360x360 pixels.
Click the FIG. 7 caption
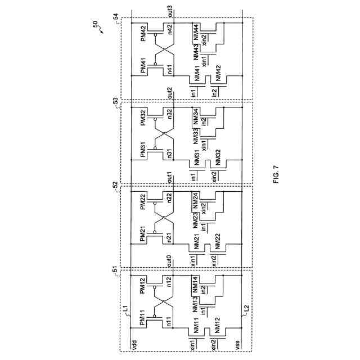pyautogui.click(x=276, y=174)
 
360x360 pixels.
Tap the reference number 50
pyautogui.click(x=94, y=25)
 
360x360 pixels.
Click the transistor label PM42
pyautogui.click(x=143, y=33)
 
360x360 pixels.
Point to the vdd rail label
pyautogui.click(x=134, y=344)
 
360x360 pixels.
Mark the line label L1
pyautogui.click(x=125, y=308)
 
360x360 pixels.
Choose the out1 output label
pyautogui.click(x=170, y=178)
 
